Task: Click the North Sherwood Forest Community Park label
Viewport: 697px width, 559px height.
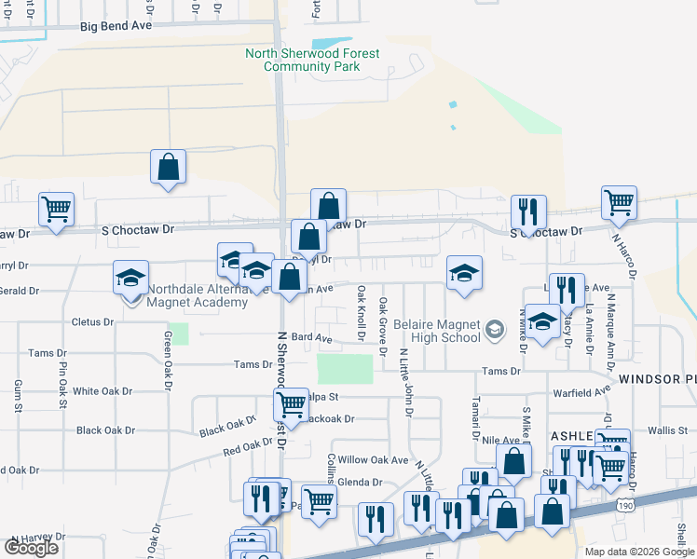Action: (x=312, y=60)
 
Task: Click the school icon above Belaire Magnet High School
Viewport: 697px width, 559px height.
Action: (x=464, y=274)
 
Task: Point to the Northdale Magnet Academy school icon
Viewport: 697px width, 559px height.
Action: (x=131, y=277)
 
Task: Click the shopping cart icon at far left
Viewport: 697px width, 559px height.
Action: (x=56, y=210)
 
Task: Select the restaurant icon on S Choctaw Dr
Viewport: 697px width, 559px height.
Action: (x=528, y=212)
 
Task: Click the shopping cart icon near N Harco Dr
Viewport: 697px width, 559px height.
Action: (x=619, y=203)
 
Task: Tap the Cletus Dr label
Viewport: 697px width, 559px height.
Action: (x=91, y=322)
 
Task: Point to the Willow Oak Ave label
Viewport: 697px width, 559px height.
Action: (x=373, y=460)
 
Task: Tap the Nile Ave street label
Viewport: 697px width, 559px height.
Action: (x=499, y=439)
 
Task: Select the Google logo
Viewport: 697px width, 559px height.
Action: (x=30, y=548)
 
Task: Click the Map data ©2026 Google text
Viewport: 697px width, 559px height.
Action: (x=638, y=552)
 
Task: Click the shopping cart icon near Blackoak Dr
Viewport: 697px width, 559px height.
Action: (x=291, y=406)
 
